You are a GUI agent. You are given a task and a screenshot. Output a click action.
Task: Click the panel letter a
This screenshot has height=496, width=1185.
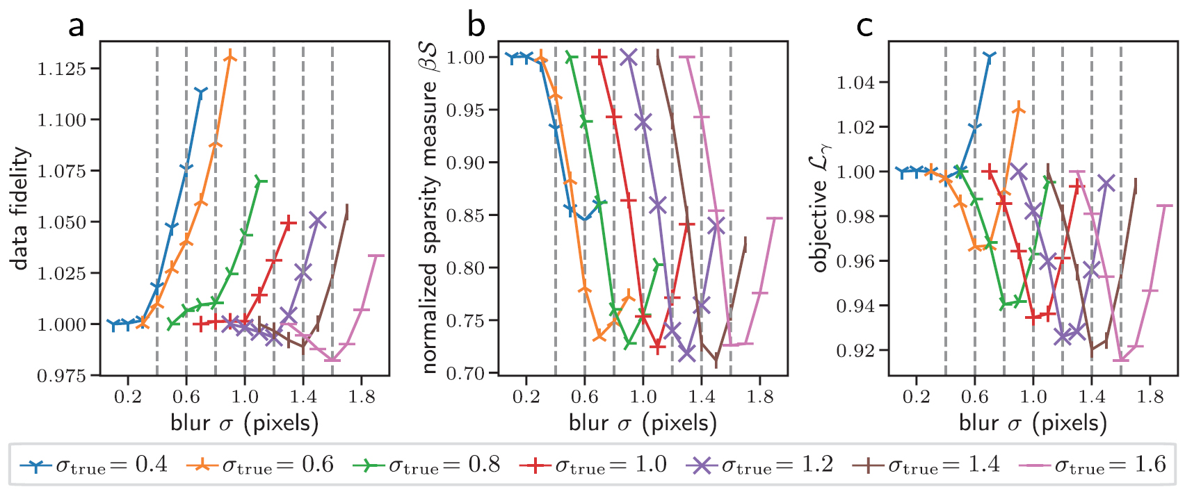tap(76, 26)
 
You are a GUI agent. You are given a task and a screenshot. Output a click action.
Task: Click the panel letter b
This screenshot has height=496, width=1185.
tap(476, 26)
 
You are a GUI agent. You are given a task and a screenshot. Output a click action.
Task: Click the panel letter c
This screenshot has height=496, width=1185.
tap(864, 26)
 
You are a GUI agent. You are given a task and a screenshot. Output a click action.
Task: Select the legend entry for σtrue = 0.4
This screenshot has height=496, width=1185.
tap(94, 465)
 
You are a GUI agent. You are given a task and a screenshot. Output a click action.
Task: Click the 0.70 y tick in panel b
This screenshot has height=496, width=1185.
tap(465, 374)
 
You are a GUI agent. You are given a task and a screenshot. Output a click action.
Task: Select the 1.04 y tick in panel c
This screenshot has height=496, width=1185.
tap(855, 83)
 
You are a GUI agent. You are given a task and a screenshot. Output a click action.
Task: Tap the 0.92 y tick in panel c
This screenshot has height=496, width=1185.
tap(855, 351)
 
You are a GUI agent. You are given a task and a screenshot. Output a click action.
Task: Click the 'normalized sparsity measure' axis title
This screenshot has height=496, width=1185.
tap(430, 208)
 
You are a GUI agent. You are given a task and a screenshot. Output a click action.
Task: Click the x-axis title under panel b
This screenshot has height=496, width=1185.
tap(643, 423)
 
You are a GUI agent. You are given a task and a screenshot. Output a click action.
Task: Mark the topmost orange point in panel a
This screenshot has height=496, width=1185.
tap(230, 58)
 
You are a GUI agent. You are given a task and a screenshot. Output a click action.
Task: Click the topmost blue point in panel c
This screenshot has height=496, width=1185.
tap(990, 55)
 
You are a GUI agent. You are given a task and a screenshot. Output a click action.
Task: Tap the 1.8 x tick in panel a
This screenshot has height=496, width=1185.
tap(362, 397)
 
